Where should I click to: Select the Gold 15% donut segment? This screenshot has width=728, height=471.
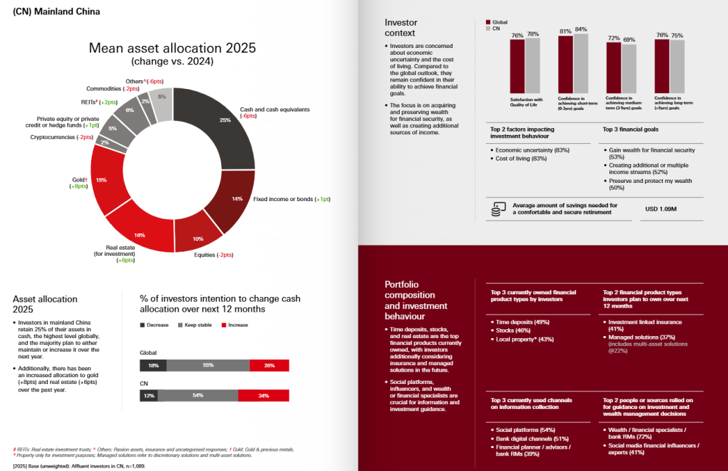click(x=103, y=180)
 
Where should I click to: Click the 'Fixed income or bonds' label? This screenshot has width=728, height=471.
click(x=291, y=200)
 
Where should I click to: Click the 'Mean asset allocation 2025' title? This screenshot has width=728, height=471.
click(x=173, y=48)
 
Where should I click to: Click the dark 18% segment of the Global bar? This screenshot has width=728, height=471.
click(x=153, y=365)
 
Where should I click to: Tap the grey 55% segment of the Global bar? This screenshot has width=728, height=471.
click(x=208, y=365)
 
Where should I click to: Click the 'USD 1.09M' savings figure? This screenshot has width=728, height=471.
click(x=661, y=209)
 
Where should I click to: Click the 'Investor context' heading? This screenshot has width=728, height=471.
click(x=400, y=28)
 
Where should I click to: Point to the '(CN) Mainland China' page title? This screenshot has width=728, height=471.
click(x=57, y=11)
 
